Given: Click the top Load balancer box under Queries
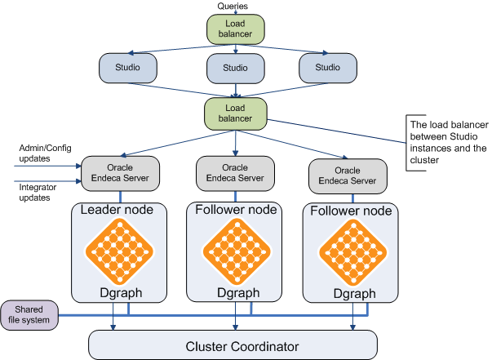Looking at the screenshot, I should pos(236,29).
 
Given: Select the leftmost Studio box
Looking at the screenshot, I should pos(126,67).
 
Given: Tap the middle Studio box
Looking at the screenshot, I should pos(236,69).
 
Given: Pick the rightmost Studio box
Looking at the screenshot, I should pos(326,67).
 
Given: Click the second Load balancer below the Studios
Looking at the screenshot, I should pos(236,113).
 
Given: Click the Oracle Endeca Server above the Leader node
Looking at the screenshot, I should pos(120,172).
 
